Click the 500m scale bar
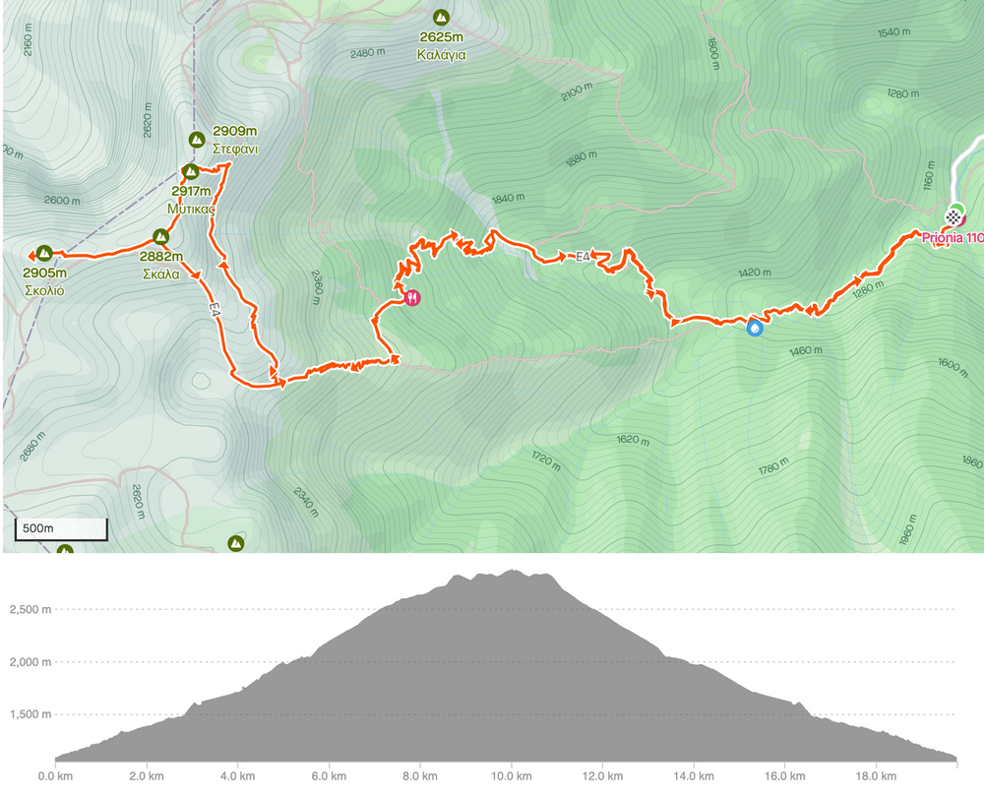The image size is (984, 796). (60, 529)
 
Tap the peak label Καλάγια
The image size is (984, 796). (441, 55)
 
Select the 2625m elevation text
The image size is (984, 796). (441, 38)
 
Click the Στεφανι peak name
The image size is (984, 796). (234, 149)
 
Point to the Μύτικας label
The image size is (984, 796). (191, 210)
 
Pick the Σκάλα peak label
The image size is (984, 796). (159, 275)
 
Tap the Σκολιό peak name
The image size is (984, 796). (45, 291)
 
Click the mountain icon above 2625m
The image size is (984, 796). (441, 18)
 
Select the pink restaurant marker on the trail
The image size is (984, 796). (411, 296)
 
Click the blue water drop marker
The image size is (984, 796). (754, 329)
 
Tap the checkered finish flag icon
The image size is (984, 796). (953, 215)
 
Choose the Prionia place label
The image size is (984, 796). (952, 238)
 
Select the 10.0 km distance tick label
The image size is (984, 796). (512, 776)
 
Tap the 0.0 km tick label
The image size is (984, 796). (55, 776)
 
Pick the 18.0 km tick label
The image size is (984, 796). (876, 776)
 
